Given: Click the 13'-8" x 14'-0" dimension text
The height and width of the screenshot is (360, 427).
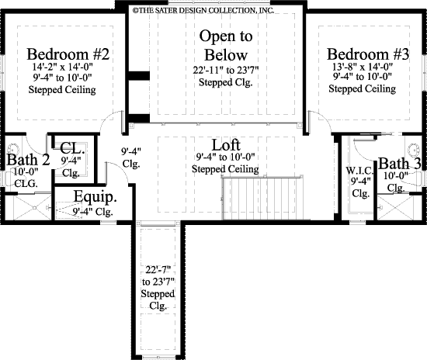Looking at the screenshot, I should tap(362, 67).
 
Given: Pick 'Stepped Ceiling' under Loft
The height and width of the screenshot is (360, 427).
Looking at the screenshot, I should tap(226, 168).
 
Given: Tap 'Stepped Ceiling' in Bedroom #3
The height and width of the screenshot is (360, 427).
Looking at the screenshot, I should tap(362, 89).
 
